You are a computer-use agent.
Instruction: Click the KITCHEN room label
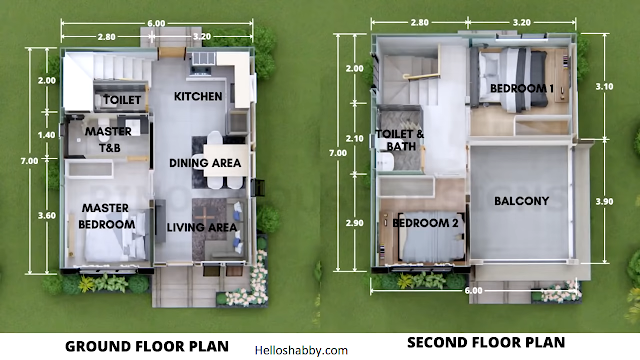click(x=198, y=96)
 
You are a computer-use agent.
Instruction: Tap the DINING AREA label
click(x=205, y=163)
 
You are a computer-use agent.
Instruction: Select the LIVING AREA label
click(x=202, y=227)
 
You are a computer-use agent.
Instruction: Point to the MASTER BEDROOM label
click(x=107, y=216)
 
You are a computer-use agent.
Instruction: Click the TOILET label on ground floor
click(x=122, y=100)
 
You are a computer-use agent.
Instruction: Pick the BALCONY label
click(x=521, y=201)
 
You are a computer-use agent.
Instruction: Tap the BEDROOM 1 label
click(x=522, y=88)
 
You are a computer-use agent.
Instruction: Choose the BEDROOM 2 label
click(x=425, y=223)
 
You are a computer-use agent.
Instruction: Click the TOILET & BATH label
click(x=400, y=140)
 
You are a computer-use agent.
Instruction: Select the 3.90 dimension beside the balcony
click(x=604, y=202)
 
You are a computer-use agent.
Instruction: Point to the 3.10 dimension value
click(x=604, y=87)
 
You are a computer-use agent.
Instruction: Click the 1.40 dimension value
click(x=47, y=135)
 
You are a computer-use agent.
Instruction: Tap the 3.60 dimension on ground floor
click(x=47, y=216)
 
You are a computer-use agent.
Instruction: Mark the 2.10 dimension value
click(x=354, y=139)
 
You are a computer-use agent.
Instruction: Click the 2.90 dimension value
click(x=354, y=223)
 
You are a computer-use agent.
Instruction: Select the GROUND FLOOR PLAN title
click(x=147, y=347)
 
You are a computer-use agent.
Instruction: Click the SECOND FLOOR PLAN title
click(x=486, y=342)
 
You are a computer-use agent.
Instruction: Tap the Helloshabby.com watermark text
click(x=301, y=350)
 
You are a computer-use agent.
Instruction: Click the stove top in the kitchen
click(x=200, y=71)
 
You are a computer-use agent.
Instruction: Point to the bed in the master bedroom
click(x=115, y=236)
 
